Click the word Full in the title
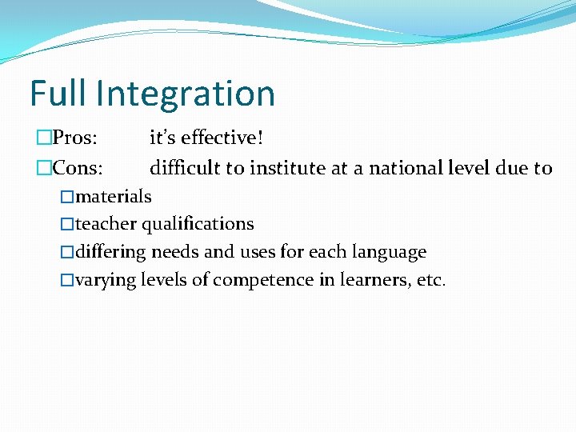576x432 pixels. point(58,94)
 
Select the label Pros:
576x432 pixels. point(75,138)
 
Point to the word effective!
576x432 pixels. point(222,138)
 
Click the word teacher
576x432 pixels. point(106,224)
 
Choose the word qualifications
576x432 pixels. point(198,225)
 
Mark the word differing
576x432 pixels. point(110,253)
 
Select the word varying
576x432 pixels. point(106,281)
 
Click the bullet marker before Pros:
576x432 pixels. point(44,138)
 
